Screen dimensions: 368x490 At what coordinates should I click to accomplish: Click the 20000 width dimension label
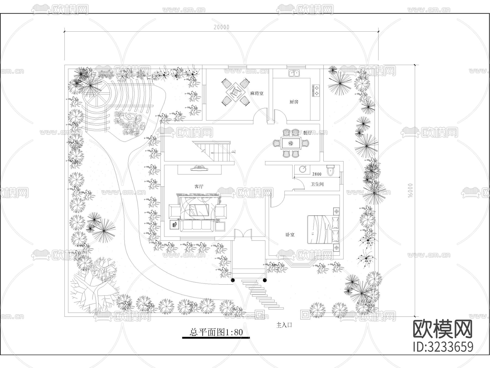pos(222,27)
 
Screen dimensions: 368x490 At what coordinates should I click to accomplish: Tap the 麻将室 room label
pos(257,93)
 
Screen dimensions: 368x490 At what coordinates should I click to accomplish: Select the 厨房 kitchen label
pos(294,102)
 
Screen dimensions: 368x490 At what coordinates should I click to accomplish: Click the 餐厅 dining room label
pos(307,133)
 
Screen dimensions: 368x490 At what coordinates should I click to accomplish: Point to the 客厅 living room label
pos(199,186)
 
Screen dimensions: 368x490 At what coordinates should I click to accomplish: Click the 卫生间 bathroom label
pos(317,184)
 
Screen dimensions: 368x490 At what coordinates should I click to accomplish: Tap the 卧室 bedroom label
pos(290,234)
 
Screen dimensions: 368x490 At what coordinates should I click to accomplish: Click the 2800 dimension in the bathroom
pos(317,174)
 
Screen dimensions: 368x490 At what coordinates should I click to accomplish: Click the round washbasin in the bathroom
pos(303,169)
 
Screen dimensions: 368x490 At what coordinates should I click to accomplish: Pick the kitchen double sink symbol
pos(294,73)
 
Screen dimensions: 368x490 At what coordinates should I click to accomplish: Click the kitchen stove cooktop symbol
pos(316,91)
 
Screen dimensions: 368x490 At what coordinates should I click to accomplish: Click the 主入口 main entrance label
pos(284,325)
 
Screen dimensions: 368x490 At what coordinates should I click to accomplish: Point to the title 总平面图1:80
pos(216,332)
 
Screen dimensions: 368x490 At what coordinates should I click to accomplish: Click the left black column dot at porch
pos(233,280)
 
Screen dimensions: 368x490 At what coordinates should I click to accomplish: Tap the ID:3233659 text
pos(443,347)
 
